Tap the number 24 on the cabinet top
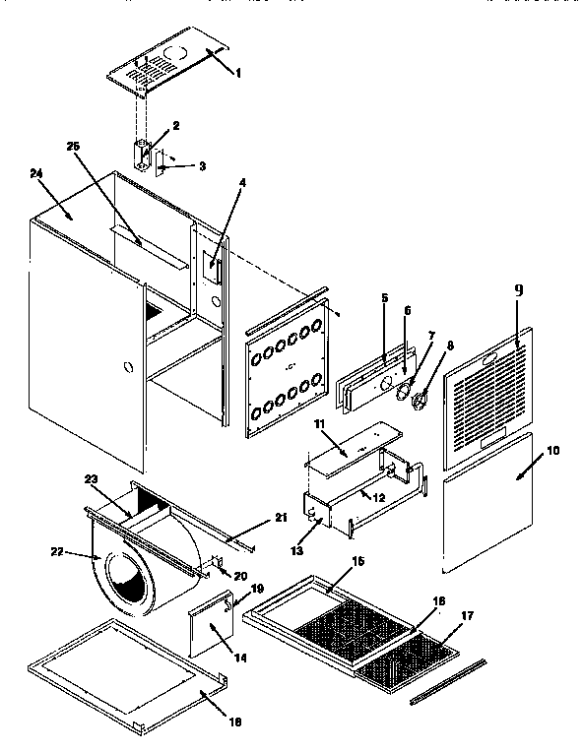[37, 173]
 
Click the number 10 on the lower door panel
[553, 450]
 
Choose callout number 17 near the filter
[467, 615]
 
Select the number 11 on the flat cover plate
[319, 424]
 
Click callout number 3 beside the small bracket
[202, 165]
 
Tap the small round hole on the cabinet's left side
[126, 367]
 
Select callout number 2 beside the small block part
[175, 125]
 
